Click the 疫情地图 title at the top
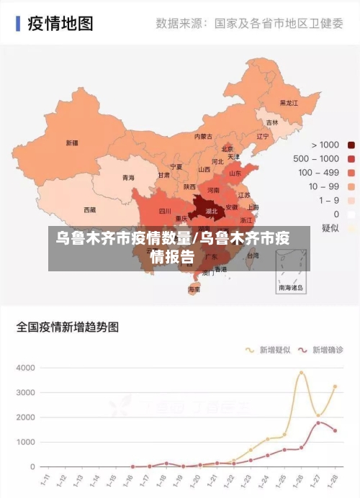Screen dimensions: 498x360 (x=60, y=24)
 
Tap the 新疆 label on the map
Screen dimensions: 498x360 (x=72, y=142)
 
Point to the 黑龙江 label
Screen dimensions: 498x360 (x=289, y=103)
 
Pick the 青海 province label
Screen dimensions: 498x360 (x=128, y=178)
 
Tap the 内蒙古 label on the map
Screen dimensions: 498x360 (x=203, y=137)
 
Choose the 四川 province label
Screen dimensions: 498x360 (x=165, y=212)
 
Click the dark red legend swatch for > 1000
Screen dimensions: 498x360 (x=351, y=145)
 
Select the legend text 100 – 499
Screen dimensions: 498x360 (x=318, y=173)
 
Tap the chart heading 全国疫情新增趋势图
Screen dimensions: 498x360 (x=68, y=327)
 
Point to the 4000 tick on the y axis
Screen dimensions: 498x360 (x=25, y=368)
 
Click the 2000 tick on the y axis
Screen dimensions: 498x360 (x=25, y=417)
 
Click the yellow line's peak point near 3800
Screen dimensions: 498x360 (x=302, y=373)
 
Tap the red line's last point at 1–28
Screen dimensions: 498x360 (x=335, y=431)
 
